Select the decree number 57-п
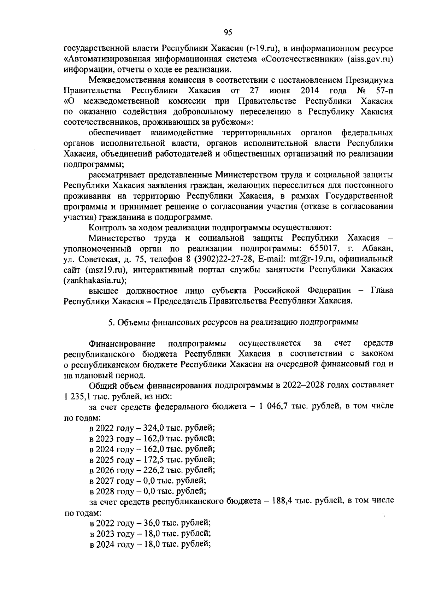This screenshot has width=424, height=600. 384,90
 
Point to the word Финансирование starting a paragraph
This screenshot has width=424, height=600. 122,343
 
